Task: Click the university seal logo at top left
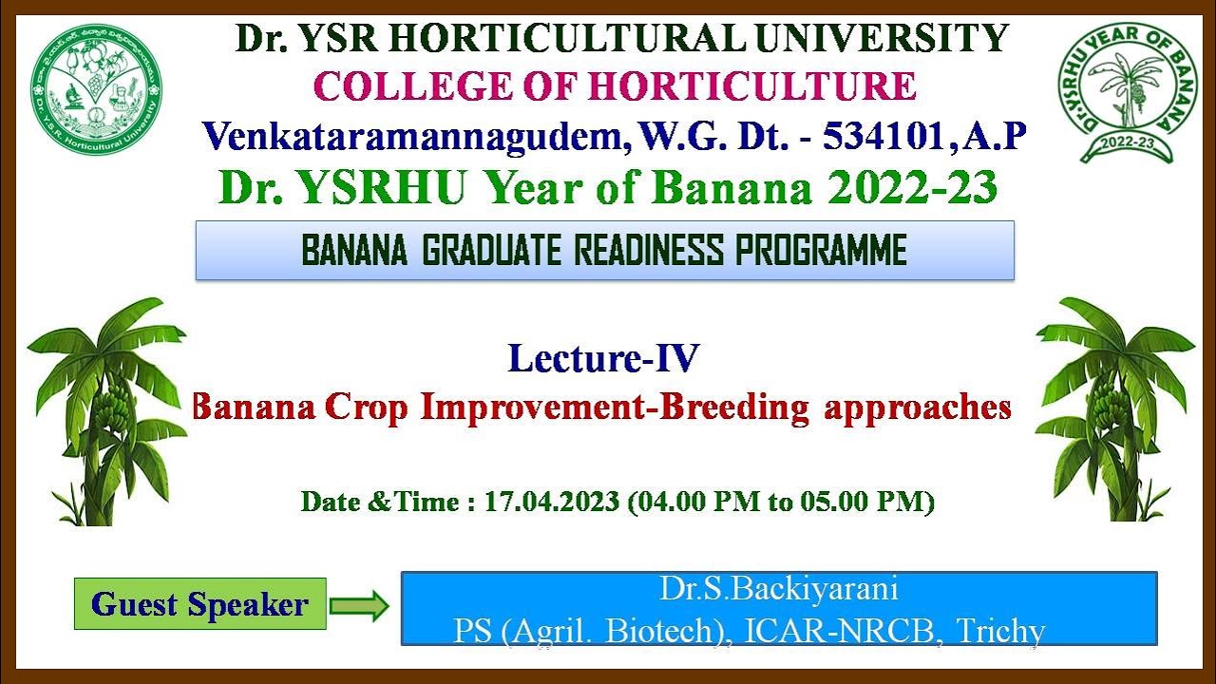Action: tap(95, 90)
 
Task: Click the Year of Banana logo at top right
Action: tap(1129, 92)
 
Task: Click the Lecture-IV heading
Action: tap(603, 359)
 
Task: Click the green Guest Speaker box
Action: tap(200, 604)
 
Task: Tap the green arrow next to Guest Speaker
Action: tap(360, 605)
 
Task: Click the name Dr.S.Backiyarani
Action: tap(779, 589)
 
